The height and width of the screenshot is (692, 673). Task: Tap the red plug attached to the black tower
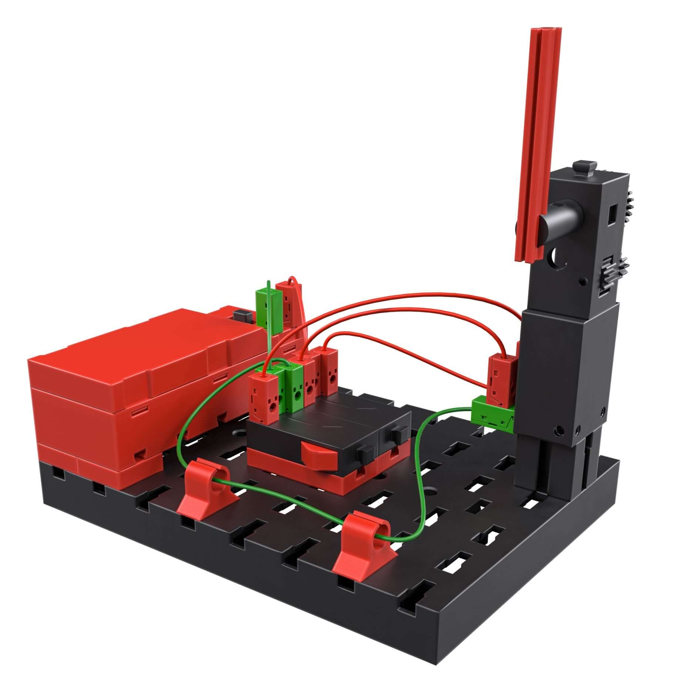point(501,377)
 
